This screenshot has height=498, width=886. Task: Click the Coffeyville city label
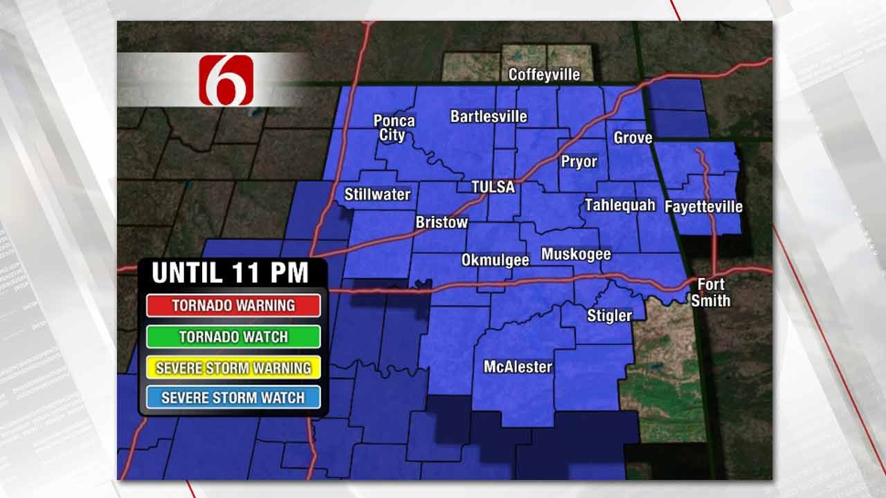(544, 74)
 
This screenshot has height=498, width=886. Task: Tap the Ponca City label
(394, 128)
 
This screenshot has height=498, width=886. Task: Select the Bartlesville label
(489, 116)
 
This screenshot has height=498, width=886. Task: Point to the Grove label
(633, 138)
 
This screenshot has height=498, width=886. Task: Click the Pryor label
(578, 161)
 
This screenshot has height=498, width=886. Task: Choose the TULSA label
(493, 187)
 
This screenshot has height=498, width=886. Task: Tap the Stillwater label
(377, 194)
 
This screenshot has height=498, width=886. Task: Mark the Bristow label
(442, 223)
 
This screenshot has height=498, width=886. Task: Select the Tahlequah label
(620, 205)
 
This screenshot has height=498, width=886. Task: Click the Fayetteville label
(703, 206)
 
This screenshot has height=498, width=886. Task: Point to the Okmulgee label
(495, 260)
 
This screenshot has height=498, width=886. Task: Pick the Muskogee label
(576, 255)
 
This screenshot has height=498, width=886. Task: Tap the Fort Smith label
(711, 293)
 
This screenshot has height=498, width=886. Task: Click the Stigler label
(609, 315)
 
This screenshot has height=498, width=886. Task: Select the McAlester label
(518, 367)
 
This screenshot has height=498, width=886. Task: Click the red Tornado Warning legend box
(233, 305)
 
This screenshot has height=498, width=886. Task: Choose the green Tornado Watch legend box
(233, 337)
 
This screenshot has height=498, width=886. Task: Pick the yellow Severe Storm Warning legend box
(233, 367)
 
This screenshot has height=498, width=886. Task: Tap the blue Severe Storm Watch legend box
(233, 398)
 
